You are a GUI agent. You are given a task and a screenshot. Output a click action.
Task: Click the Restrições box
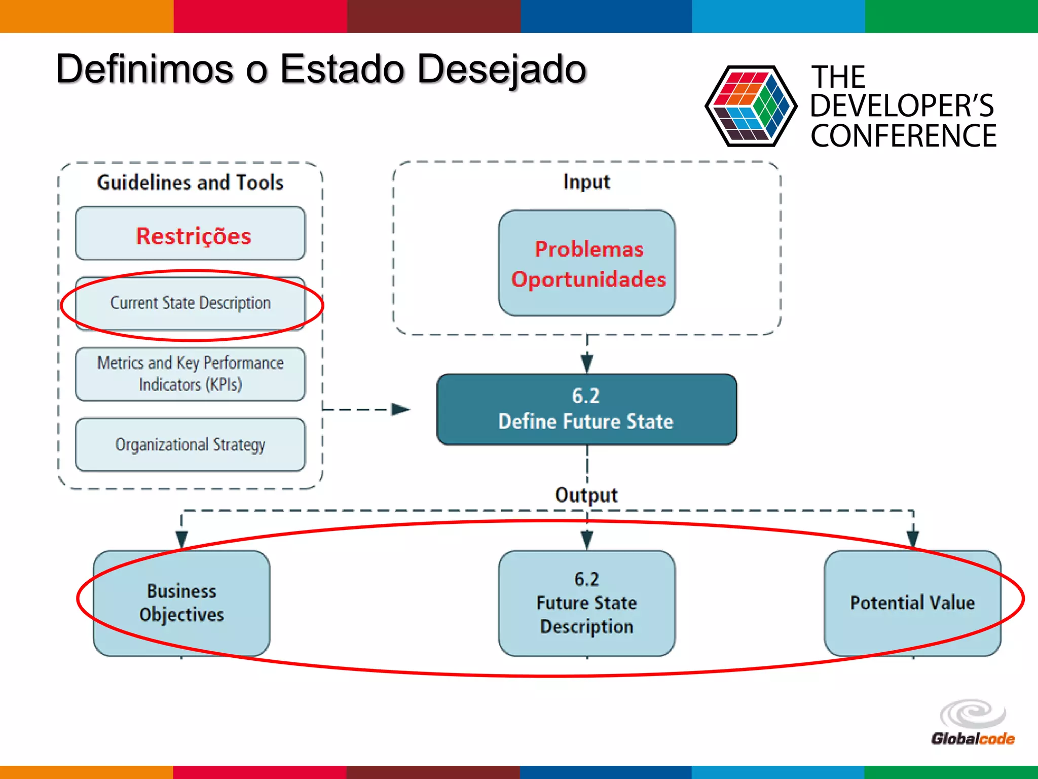(191, 234)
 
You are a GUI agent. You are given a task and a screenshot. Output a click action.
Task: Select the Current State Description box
(191, 303)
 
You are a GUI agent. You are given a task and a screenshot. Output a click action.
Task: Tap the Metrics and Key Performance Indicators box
(191, 374)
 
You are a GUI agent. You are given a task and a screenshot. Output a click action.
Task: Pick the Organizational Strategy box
(191, 445)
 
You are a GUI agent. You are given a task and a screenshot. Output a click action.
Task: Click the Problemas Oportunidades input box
(586, 263)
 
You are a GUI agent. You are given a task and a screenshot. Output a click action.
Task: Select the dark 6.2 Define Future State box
(586, 409)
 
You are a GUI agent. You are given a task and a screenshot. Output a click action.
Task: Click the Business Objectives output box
(181, 603)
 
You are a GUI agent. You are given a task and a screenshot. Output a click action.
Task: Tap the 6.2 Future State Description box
(586, 603)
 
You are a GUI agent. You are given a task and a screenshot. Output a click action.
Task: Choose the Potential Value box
(912, 603)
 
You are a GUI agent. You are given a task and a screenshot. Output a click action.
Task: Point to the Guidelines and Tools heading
(191, 183)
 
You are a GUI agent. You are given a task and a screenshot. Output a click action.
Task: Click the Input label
(586, 182)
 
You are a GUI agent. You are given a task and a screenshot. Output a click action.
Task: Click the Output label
(586, 495)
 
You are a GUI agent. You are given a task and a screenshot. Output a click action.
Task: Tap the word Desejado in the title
(502, 69)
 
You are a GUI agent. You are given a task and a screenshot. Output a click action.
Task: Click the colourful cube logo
(751, 107)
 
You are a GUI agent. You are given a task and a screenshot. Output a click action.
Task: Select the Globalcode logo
(973, 723)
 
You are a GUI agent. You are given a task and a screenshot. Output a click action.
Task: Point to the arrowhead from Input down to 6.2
(587, 363)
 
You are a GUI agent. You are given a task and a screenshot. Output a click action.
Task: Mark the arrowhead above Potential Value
(913, 539)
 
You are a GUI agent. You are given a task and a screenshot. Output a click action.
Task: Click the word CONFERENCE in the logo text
(903, 136)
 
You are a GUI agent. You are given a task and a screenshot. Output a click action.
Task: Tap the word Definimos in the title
(145, 69)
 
